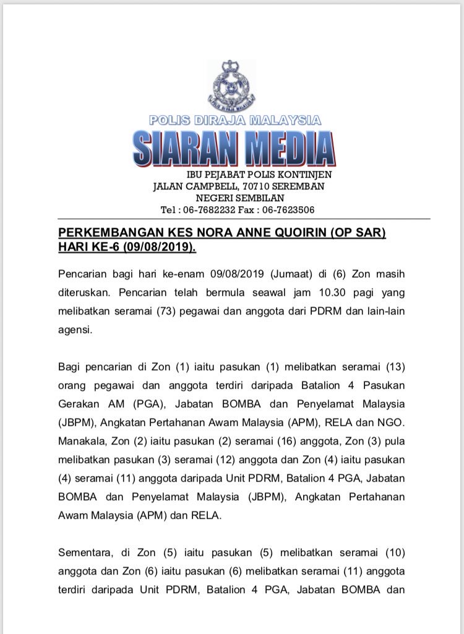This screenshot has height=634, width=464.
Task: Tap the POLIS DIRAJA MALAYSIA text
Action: pos(235,120)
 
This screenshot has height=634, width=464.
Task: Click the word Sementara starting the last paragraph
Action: pos(85,552)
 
